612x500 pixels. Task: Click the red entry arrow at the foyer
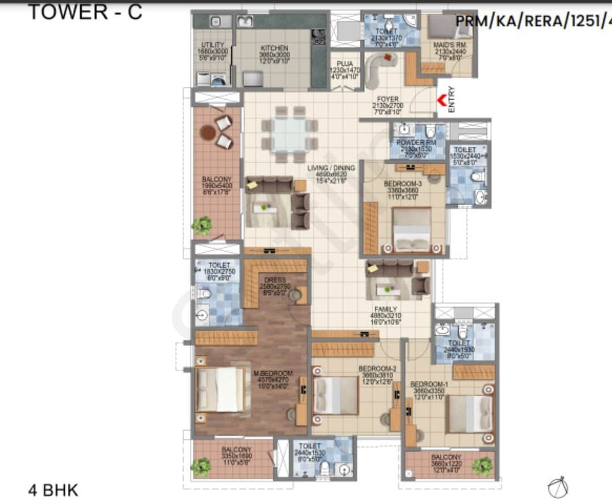(x=441, y=101)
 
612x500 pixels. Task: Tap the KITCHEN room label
(x=274, y=49)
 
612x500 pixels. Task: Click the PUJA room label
(x=345, y=63)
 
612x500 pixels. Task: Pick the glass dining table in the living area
(x=289, y=134)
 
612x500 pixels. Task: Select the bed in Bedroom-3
(x=412, y=230)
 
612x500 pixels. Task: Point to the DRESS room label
(x=274, y=280)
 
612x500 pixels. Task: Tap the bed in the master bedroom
(x=222, y=389)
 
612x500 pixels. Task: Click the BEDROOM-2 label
(x=377, y=368)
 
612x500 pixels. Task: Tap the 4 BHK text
(x=53, y=489)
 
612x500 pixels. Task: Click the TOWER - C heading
(x=85, y=12)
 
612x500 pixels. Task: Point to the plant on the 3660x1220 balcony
(x=483, y=466)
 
